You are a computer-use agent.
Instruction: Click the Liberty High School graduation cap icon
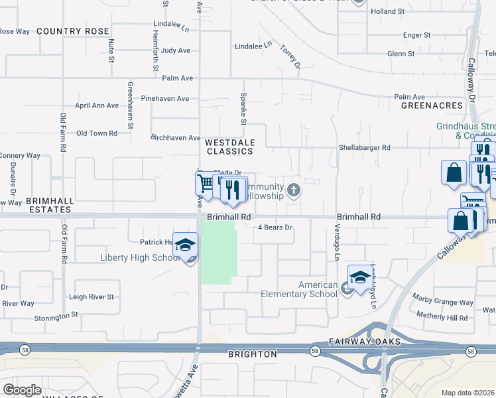click(186, 243)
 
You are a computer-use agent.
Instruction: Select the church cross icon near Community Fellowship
click(294, 192)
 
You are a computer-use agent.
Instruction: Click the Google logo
click(22, 390)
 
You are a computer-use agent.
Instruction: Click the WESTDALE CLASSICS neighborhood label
click(229, 147)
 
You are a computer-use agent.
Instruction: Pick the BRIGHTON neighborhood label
click(252, 354)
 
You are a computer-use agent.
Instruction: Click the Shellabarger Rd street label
click(365, 148)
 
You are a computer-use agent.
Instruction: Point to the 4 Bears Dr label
click(275, 228)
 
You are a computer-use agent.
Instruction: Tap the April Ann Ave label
click(97, 105)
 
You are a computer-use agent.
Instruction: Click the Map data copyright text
click(468, 393)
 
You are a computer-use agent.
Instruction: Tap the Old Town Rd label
click(97, 133)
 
